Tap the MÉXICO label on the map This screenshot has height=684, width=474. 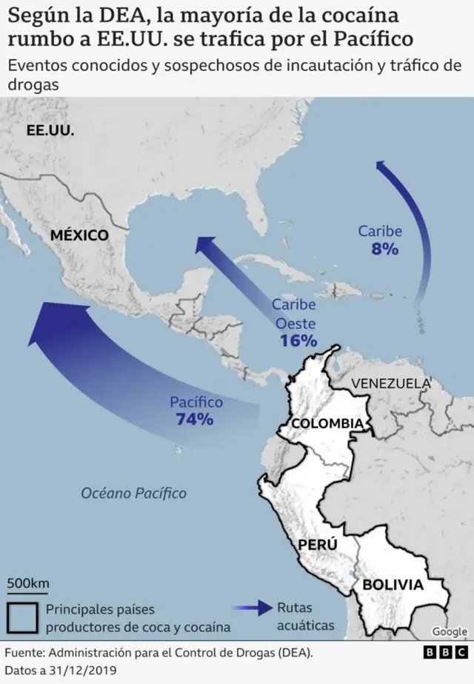[79, 235]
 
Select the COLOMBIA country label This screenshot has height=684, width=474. [327, 423]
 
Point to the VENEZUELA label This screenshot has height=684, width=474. [390, 383]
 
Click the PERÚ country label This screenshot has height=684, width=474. [317, 545]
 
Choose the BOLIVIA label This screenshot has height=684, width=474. [393, 585]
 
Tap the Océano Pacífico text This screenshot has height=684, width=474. [134, 493]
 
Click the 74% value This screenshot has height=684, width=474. [195, 420]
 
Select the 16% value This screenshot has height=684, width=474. [298, 341]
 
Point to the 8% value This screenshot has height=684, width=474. [385, 249]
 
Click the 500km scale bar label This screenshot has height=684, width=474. [28, 583]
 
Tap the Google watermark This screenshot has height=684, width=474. [449, 631]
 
